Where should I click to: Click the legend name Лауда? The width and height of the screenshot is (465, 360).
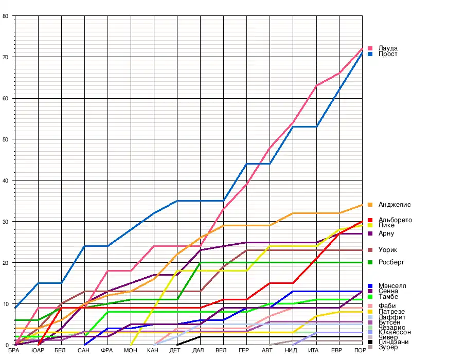coord(387,48)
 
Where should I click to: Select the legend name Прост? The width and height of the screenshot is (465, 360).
coord(387,54)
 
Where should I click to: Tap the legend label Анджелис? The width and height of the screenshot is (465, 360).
coord(394,205)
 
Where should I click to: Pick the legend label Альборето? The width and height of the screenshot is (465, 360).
coord(395,220)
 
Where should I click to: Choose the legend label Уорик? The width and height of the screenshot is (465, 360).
coord(387,250)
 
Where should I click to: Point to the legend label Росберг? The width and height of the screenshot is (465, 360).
coord(391,262)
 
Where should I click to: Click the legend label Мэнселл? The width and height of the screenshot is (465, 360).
coord(392,286)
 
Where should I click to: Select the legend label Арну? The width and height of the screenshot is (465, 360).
coord(386,233)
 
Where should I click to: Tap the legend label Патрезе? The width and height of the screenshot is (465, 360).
coord(391,312)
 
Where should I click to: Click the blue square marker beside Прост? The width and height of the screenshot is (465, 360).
coord(370,54)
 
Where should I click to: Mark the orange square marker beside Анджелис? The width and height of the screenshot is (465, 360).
coord(370,205)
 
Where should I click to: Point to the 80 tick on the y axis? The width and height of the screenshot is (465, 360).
coord(5,16)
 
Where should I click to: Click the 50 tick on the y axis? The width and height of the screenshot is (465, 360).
coord(5,139)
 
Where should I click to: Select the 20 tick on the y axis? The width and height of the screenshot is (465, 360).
coord(5,263)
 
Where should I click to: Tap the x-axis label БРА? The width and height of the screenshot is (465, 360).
coord(14,351)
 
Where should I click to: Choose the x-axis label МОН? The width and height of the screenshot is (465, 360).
coord(131,351)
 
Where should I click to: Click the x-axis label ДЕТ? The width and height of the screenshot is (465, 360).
coord(175,351)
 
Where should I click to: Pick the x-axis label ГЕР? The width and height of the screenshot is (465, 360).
coord(244,351)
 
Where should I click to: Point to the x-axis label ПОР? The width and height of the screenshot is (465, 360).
coord(360,351)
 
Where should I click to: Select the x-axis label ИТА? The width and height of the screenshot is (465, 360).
coord(313,351)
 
